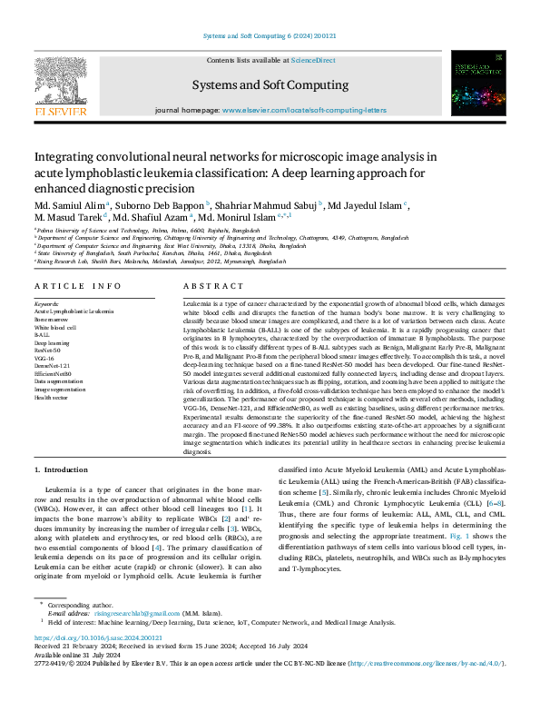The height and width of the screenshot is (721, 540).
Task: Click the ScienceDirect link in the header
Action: pyautogui.click(x=312, y=60)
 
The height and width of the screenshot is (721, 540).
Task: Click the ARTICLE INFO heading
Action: pyautogui.click(x=72, y=285)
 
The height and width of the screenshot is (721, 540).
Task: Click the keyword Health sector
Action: pyautogui.click(x=53, y=398)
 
